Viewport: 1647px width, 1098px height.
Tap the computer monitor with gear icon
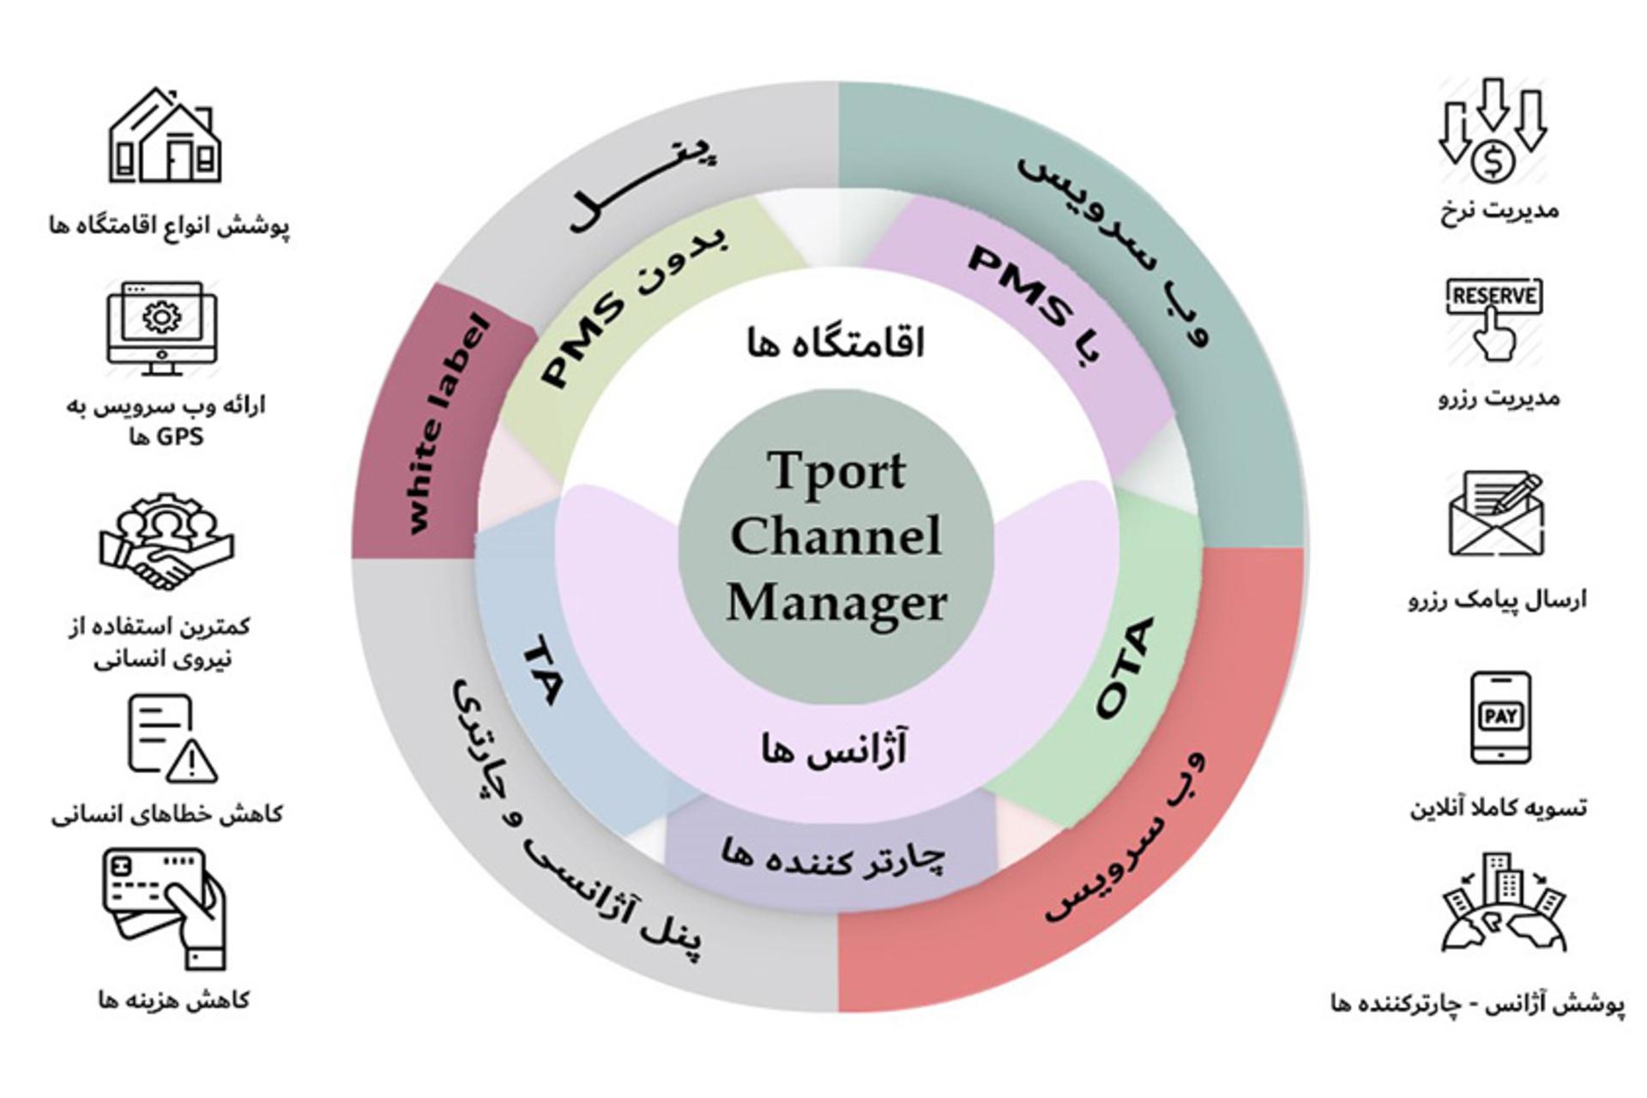click(162, 329)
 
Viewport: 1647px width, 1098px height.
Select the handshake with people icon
click(166, 540)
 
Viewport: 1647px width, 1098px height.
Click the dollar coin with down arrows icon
click(1493, 130)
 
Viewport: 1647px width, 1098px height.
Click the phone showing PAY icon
click(1500, 718)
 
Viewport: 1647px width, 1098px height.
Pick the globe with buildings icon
click(1504, 902)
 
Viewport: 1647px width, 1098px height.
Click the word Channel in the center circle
click(836, 535)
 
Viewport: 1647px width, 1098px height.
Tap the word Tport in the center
click(836, 471)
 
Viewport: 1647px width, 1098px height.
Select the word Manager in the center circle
click(836, 602)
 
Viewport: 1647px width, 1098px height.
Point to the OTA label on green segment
click(1125, 668)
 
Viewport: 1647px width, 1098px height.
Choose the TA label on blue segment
click(542, 670)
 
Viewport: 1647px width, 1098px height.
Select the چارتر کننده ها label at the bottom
click(832, 855)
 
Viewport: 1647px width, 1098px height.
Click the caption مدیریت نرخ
click(1499, 210)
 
